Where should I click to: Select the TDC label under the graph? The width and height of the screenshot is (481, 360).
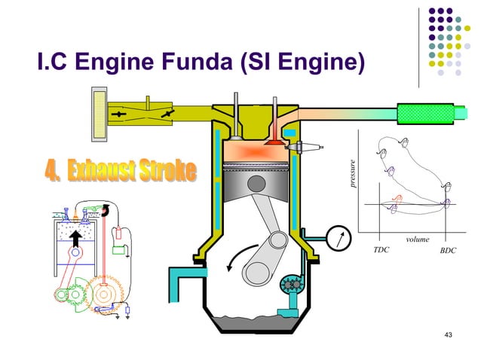click(381, 249)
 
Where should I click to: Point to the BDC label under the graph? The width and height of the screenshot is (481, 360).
click(448, 249)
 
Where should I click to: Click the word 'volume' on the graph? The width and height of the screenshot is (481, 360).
click(417, 239)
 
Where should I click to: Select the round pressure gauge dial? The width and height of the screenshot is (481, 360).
click(339, 237)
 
